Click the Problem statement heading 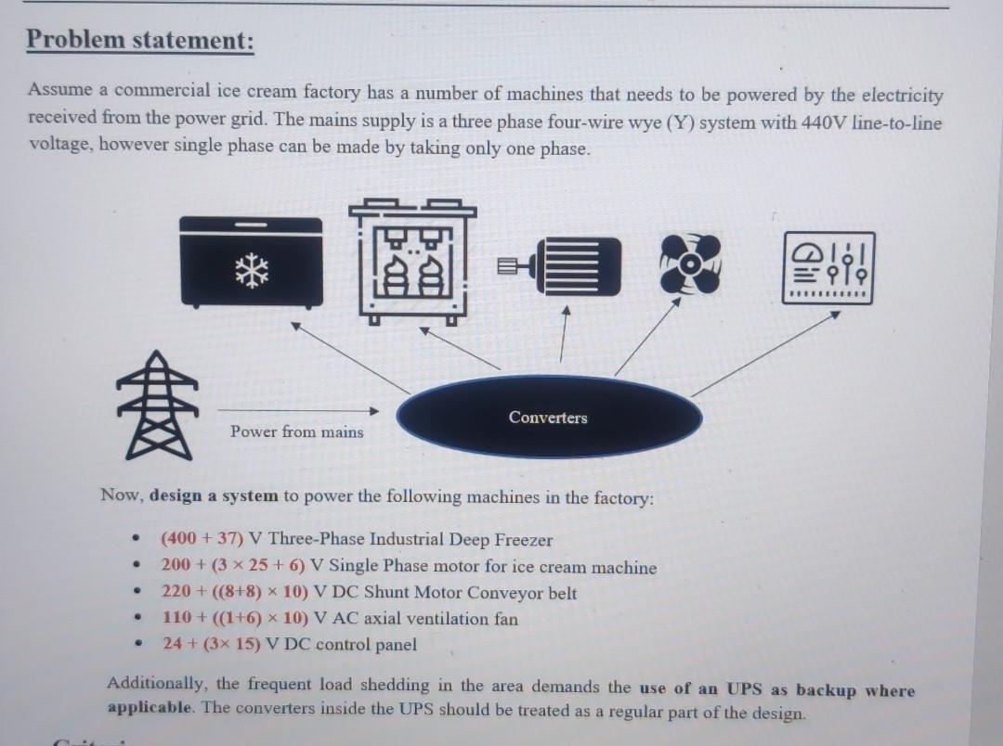tap(139, 41)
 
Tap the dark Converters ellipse tap(548, 417)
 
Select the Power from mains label tap(297, 431)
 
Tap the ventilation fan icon tap(691, 264)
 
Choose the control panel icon tap(829, 267)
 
